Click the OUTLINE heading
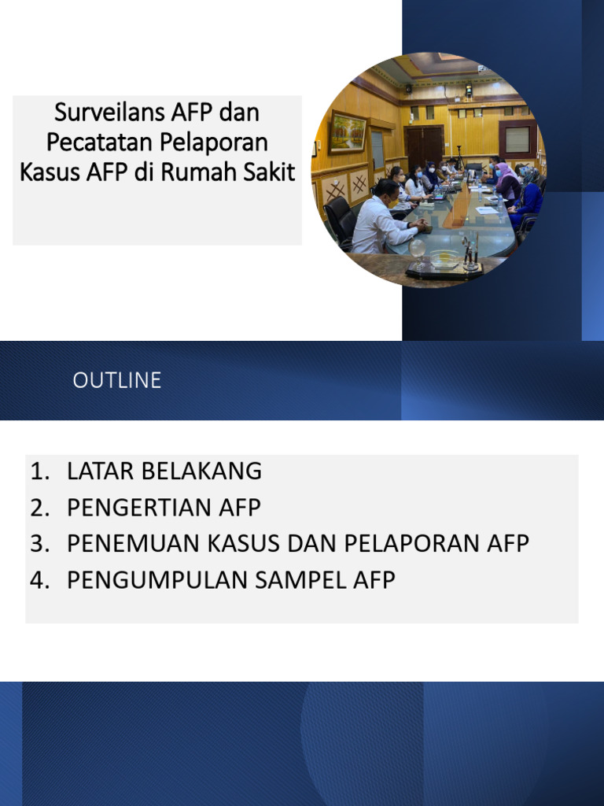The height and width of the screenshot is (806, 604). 117,381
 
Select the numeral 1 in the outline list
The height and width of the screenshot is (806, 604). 38,471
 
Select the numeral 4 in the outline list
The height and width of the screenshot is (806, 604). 38,580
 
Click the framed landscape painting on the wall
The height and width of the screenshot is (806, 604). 347,131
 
